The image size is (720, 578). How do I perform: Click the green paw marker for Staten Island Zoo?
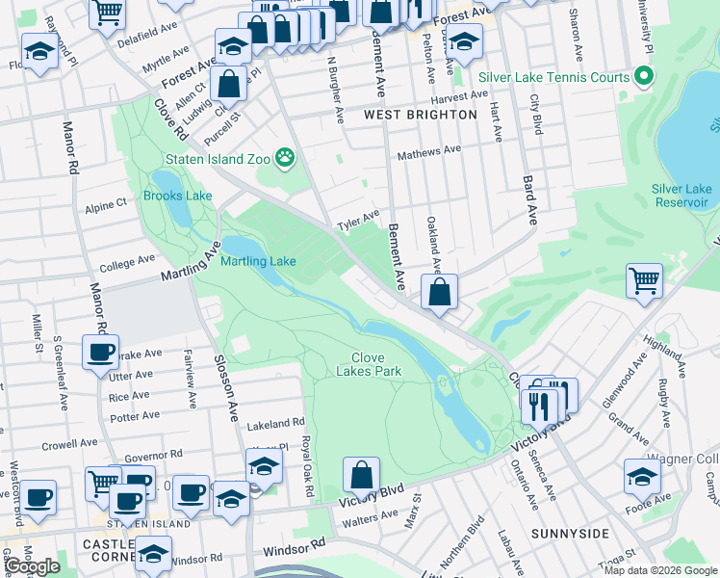285,156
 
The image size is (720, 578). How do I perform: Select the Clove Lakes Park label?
369,363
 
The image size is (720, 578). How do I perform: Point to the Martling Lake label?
258,261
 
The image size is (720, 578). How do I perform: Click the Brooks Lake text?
177,196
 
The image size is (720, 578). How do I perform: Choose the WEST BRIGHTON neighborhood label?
421,114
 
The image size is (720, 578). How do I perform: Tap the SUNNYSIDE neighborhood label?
570,533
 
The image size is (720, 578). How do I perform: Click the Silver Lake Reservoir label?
681,196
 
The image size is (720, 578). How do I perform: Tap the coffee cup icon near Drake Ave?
100,352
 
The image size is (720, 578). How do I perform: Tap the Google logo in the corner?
32,566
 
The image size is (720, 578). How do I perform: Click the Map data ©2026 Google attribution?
659,570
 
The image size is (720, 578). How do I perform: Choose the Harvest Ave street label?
460,96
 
